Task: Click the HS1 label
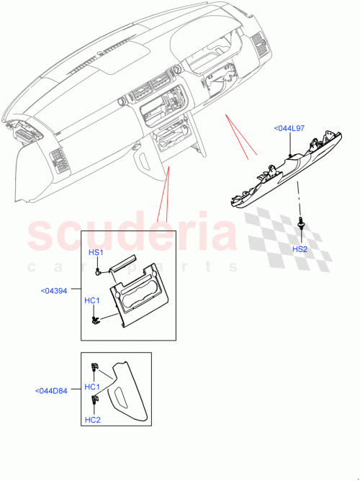point(96,253)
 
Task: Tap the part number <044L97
point(289,128)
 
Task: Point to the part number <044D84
point(51,391)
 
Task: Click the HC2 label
point(92,420)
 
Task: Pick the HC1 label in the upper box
point(92,300)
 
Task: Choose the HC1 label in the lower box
point(92,387)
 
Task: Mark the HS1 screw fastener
point(98,273)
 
